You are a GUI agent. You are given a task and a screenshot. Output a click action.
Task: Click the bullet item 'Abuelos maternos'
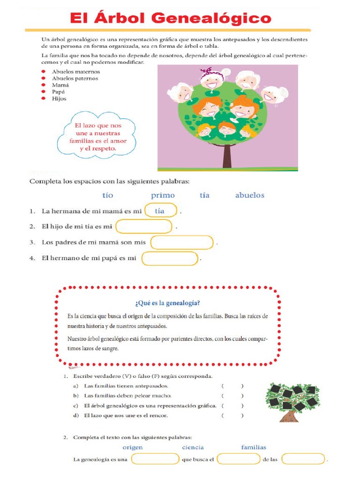point(75,72)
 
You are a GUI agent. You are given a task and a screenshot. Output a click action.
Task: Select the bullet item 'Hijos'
point(59,98)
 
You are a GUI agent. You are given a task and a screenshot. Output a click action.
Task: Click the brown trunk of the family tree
point(227,155)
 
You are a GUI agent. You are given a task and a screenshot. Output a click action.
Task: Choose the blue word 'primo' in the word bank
point(163,195)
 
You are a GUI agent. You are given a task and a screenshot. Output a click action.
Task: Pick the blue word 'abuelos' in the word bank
point(249,195)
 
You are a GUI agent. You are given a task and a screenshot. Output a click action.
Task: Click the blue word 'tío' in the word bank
point(107,195)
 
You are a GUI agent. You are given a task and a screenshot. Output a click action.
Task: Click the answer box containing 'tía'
point(161,211)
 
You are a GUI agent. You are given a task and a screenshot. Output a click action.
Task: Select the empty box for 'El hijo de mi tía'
point(144,227)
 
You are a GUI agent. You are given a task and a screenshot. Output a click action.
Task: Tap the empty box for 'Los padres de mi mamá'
point(182,243)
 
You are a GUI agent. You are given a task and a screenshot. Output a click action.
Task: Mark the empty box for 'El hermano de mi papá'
point(170,258)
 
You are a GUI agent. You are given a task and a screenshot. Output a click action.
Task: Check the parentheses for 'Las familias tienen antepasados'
point(232,386)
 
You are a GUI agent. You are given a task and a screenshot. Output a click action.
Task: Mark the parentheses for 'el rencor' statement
point(232,415)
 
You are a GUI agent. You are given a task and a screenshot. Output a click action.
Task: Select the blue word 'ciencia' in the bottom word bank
point(193,447)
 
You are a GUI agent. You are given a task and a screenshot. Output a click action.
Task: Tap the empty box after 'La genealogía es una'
point(155,459)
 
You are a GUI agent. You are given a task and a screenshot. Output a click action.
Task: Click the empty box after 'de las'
point(303,459)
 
